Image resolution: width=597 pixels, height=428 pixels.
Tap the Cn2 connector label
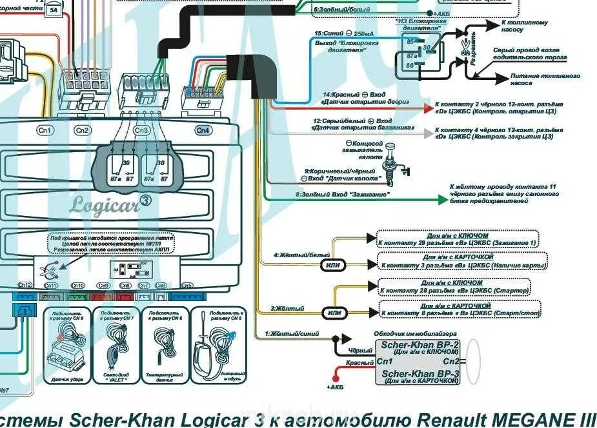click(x=82, y=130)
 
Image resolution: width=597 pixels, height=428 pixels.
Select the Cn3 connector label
click(x=141, y=130)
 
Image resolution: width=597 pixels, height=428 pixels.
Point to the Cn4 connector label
click(x=203, y=130)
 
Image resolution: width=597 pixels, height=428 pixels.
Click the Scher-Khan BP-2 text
click(x=420, y=345)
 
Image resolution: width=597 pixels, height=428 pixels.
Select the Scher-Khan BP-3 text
click(x=420, y=374)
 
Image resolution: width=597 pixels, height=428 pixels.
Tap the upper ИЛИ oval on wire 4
click(x=332, y=264)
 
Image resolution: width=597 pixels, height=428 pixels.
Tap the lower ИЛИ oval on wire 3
click(x=334, y=313)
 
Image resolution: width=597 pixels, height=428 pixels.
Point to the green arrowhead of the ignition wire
click(x=442, y=200)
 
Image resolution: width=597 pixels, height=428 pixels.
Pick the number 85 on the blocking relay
click(x=410, y=41)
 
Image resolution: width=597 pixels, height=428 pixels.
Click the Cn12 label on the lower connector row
click(x=25, y=285)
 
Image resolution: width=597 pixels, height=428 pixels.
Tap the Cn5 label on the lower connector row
click(x=187, y=285)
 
